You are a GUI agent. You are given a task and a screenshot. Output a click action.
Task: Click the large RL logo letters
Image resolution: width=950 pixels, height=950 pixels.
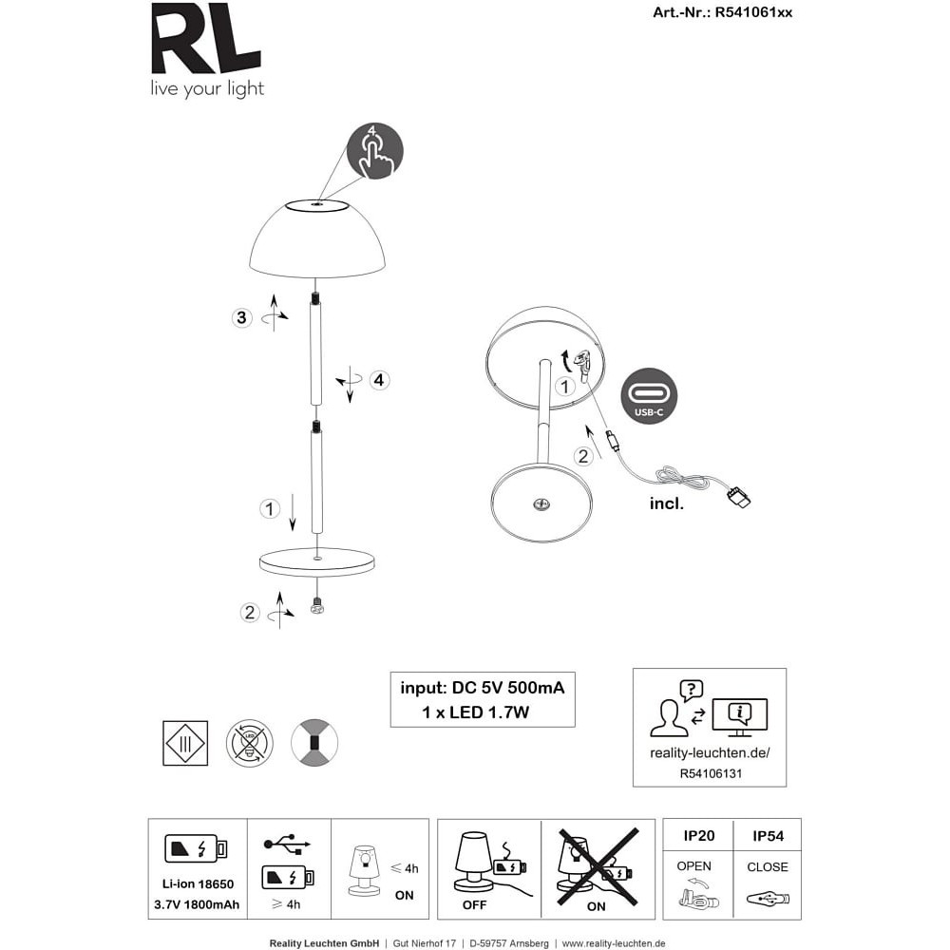point(206,39)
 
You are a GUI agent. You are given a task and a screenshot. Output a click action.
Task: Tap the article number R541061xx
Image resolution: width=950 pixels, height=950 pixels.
point(753,12)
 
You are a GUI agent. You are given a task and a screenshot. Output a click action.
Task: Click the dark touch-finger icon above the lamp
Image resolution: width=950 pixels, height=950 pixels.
point(375,151)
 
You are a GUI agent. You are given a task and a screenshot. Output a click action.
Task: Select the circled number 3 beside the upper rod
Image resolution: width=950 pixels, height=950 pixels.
point(241,317)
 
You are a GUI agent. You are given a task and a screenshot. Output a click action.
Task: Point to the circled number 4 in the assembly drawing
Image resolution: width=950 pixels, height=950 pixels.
point(379,380)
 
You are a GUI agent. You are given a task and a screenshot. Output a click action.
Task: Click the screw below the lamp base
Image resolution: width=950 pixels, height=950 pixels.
point(316,604)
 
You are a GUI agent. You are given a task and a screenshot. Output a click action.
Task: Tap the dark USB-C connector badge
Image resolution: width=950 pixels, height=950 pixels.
point(649,396)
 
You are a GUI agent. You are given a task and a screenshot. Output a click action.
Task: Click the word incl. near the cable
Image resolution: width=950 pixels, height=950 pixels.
point(667,503)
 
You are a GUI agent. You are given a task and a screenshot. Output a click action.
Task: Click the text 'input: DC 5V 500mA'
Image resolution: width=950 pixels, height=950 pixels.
point(483,688)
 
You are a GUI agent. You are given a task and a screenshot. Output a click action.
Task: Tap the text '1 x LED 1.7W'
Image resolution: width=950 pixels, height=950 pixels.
point(476,712)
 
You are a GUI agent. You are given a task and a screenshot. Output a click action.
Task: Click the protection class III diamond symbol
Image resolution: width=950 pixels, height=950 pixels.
point(185,743)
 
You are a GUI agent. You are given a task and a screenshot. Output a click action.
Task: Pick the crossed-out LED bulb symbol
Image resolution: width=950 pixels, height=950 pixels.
point(250,743)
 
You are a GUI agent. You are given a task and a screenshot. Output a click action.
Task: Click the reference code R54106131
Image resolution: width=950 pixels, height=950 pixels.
point(711,773)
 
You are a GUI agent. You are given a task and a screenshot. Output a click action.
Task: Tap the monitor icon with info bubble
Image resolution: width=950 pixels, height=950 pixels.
point(740,717)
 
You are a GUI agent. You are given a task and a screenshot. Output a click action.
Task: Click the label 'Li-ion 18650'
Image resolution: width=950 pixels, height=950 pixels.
point(199,883)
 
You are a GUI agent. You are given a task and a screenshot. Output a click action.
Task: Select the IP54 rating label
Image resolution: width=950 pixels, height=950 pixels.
point(768,836)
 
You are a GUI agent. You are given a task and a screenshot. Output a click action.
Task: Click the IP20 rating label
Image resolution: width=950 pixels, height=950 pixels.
point(699,836)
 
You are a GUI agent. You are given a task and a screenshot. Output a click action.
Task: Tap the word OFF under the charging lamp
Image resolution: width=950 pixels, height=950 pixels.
point(474,905)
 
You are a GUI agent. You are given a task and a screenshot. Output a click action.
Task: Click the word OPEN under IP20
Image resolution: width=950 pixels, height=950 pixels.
point(693,866)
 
